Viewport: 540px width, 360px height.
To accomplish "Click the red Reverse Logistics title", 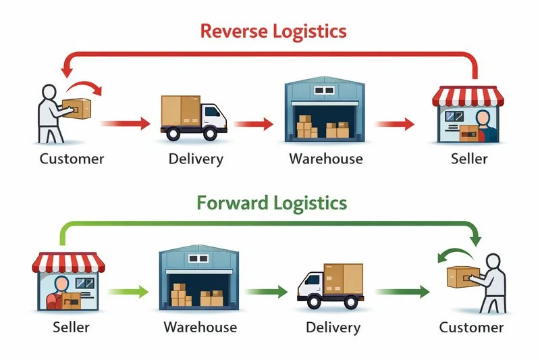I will coord(273,30).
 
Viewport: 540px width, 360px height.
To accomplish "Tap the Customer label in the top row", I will coord(72,159).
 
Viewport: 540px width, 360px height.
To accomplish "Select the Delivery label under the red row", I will coord(195,159).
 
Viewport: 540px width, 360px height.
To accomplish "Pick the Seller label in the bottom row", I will coord(71,328).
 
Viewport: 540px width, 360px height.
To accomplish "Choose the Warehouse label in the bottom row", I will coord(200,328).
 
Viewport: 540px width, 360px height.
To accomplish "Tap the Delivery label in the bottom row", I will coord(333,328).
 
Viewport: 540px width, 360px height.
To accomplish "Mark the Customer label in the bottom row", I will coord(471,328).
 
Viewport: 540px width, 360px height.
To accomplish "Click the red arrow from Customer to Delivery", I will coord(126,124).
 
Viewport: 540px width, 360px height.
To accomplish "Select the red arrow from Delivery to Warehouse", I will coord(254,124).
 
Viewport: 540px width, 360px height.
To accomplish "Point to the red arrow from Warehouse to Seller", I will coord(394,124).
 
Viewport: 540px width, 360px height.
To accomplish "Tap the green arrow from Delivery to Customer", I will coord(403,292).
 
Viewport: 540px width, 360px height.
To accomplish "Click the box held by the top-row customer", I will coord(76,109).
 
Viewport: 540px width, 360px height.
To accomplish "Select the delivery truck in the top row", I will coord(192,118).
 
